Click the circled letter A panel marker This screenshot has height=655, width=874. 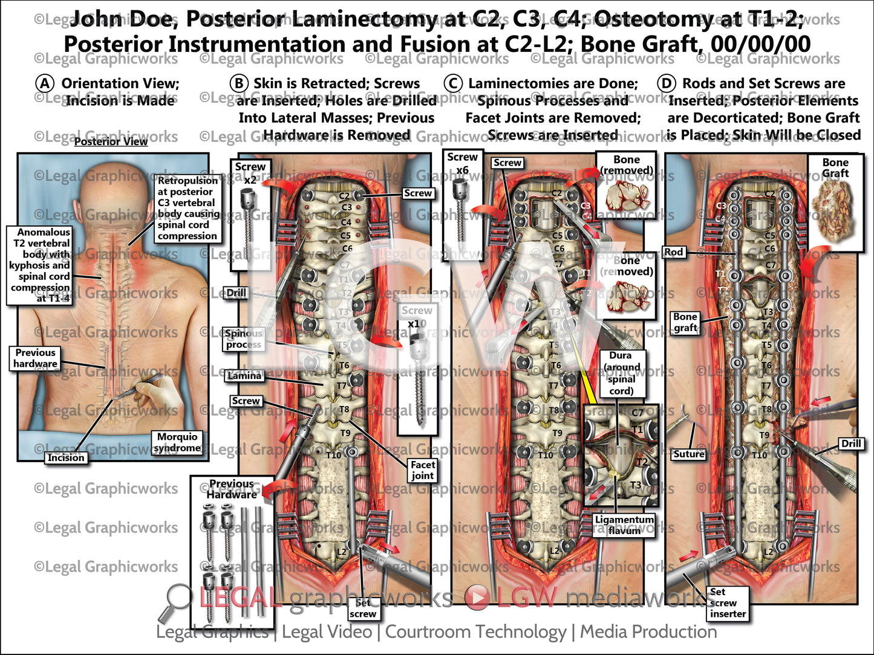(x=45, y=83)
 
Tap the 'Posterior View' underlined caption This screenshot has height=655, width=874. (x=111, y=141)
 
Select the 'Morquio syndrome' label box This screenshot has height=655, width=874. (x=177, y=442)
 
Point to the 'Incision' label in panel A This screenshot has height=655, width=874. (x=66, y=457)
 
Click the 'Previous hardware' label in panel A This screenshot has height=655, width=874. (x=35, y=358)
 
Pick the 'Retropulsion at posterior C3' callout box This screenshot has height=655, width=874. (x=188, y=208)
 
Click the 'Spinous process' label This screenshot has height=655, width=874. (x=244, y=339)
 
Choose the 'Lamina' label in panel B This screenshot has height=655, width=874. (x=244, y=375)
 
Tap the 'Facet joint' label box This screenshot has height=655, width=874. (x=422, y=470)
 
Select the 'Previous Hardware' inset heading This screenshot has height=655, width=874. (x=232, y=489)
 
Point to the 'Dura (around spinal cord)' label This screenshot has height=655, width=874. (x=621, y=373)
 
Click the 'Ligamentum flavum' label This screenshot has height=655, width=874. (x=624, y=524)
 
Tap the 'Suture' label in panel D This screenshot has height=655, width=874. (x=689, y=454)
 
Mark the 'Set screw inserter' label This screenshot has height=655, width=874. (x=728, y=603)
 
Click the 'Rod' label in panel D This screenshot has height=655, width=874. (x=673, y=252)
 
